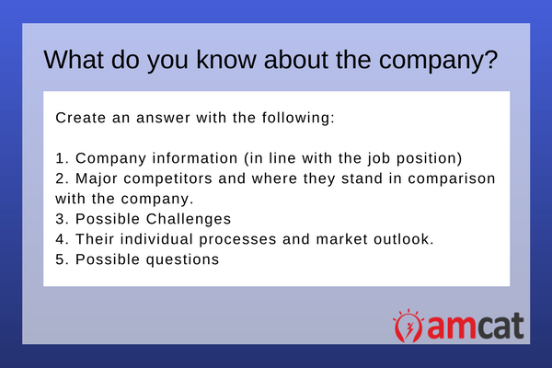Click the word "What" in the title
[x=74, y=60]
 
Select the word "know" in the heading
[x=226, y=60]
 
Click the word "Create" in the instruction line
[x=81, y=118]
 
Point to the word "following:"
[x=298, y=118]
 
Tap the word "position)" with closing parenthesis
[x=430, y=159]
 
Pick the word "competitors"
[x=168, y=178]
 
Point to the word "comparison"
[x=452, y=178]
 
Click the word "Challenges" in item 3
[x=189, y=219]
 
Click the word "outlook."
[x=404, y=239]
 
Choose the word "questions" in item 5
[x=182, y=259]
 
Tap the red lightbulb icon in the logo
[x=408, y=326]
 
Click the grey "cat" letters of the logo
[x=500, y=326]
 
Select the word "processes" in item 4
[x=237, y=240]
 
